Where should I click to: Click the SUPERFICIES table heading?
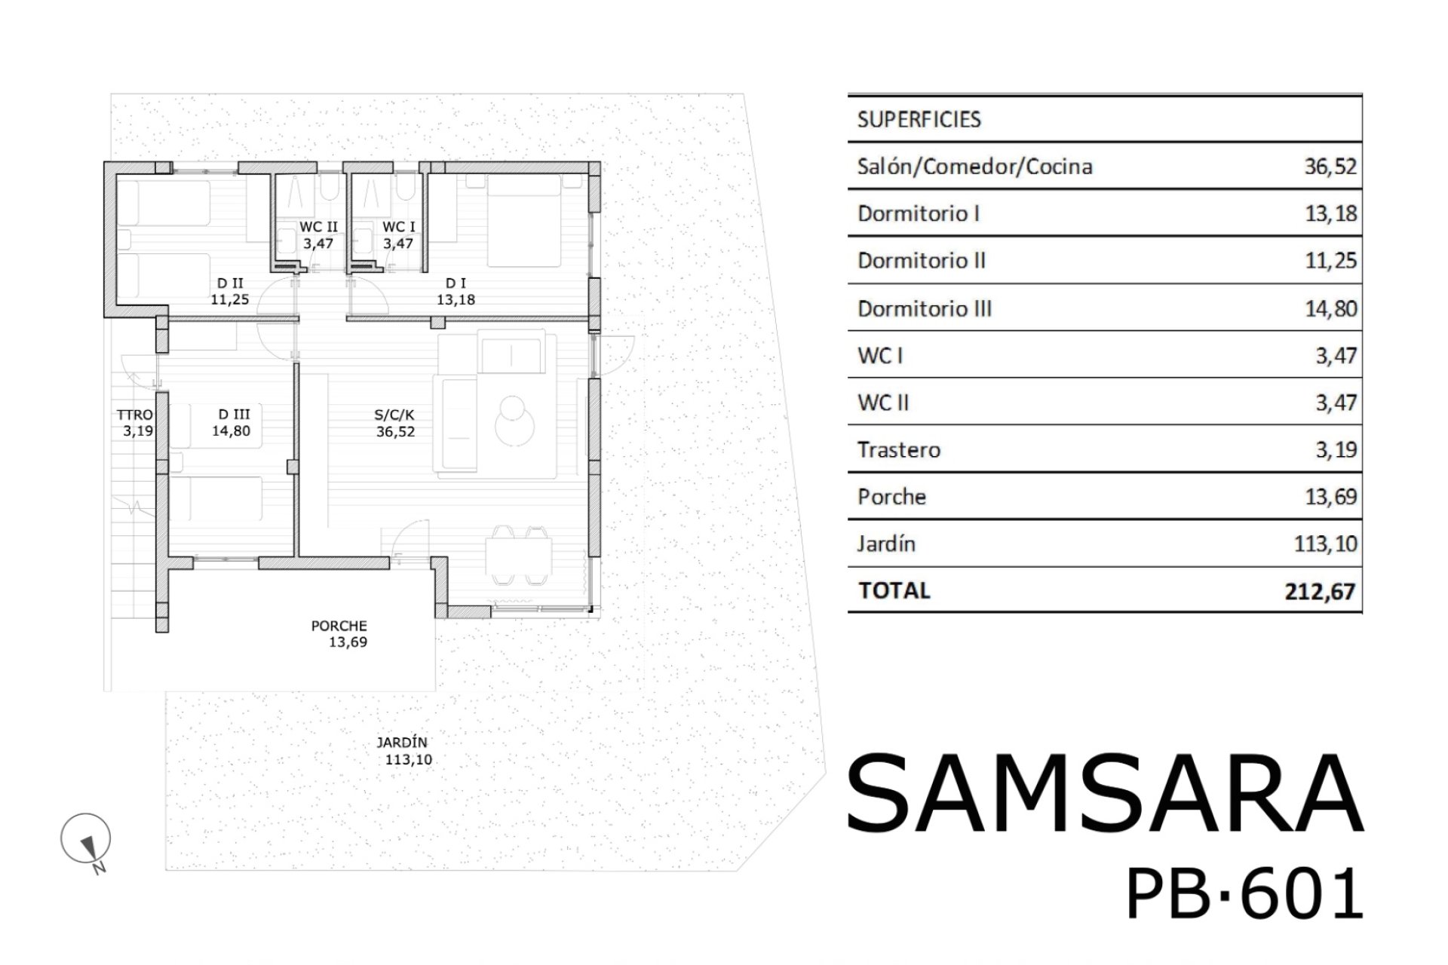(x=919, y=119)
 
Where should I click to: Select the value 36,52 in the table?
(x=1331, y=167)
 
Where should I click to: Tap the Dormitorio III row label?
(x=925, y=308)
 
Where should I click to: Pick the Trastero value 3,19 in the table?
(x=1336, y=450)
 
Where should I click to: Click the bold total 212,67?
(x=1321, y=591)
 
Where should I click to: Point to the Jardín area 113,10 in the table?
(x=1326, y=544)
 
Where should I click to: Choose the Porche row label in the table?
(x=891, y=497)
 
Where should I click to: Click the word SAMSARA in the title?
(x=1106, y=793)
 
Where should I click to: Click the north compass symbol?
(x=86, y=840)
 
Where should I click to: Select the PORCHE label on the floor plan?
(x=339, y=626)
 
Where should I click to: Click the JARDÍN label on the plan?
(x=402, y=743)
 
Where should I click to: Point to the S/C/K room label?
(x=394, y=415)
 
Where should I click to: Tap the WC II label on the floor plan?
(x=318, y=227)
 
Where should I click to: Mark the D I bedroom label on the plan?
(x=456, y=283)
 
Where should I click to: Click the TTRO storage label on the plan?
(x=135, y=415)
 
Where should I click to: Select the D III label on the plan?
(x=234, y=415)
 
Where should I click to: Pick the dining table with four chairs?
(x=518, y=555)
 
